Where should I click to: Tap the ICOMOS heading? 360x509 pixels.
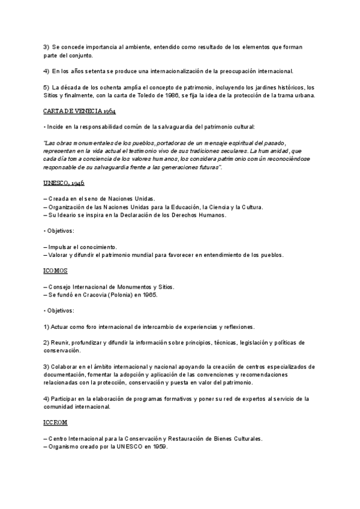tap(55, 271)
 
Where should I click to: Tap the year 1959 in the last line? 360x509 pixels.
tap(158, 447)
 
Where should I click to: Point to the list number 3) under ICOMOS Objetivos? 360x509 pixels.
tap(46, 366)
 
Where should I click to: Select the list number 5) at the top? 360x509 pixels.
tap(46, 88)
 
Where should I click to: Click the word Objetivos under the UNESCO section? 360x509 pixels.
tap(60, 230)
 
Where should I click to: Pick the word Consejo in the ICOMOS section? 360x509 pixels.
tap(59, 286)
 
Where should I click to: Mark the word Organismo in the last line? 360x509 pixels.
tap(64, 447)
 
